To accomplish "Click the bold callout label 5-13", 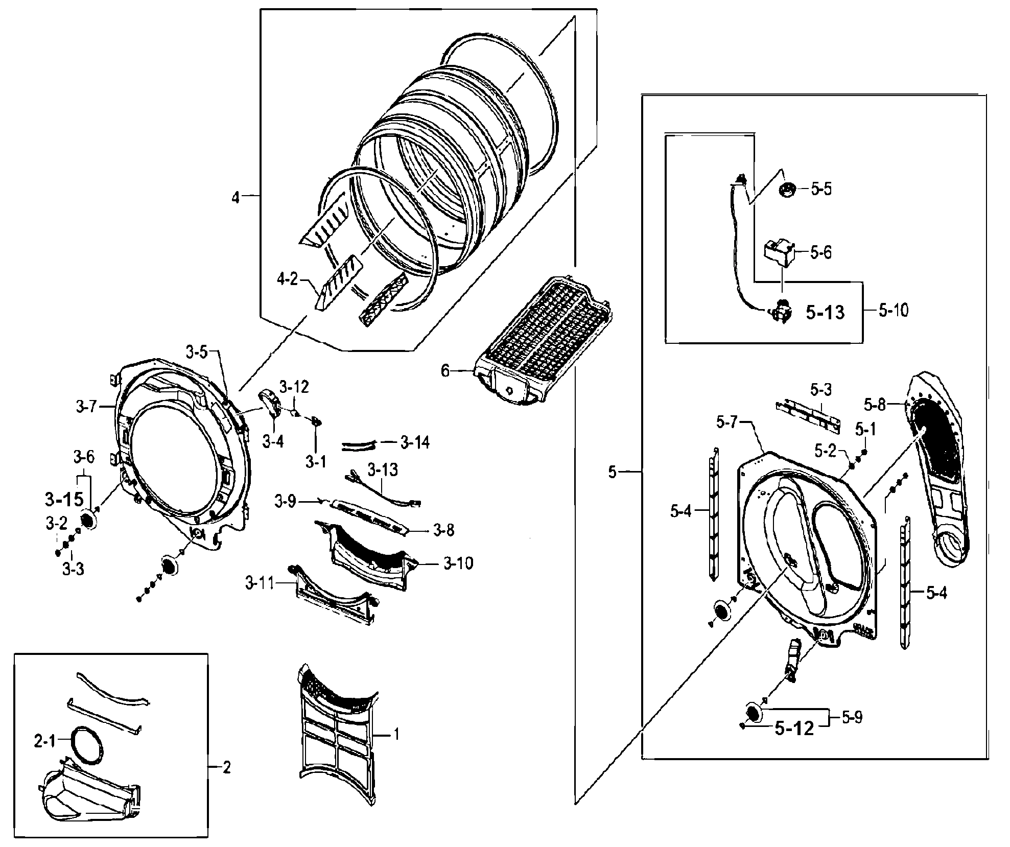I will click(825, 312).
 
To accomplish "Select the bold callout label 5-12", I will click(794, 729).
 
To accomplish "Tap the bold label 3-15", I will click(64, 500).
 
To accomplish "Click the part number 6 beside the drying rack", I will click(445, 371).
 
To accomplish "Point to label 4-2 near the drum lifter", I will click(287, 279).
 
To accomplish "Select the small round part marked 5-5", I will click(787, 190).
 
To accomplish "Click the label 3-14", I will click(415, 442).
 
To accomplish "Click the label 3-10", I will click(458, 563).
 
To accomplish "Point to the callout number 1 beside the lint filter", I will click(396, 735).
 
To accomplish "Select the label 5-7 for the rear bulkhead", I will click(726, 422).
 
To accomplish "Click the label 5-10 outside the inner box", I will click(894, 310).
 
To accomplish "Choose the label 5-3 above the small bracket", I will click(821, 390).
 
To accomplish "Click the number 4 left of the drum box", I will click(235, 197).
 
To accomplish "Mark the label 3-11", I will click(259, 583).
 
